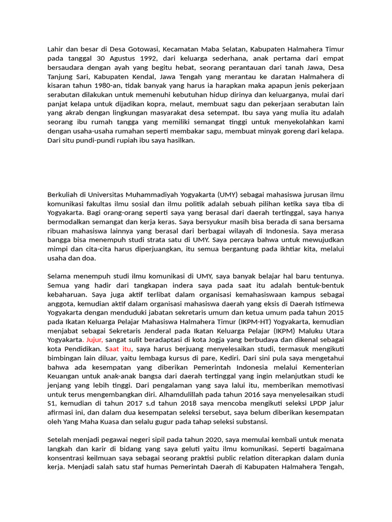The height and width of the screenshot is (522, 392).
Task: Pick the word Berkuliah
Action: (x=63, y=194)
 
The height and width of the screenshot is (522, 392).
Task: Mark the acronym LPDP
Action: (x=310, y=403)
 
